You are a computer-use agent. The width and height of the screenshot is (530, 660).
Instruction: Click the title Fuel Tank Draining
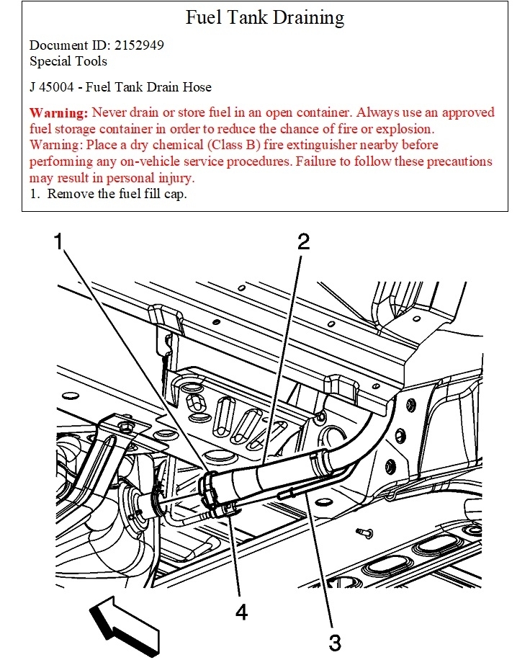tap(265, 17)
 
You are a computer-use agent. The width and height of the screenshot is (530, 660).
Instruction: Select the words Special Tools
tap(68, 61)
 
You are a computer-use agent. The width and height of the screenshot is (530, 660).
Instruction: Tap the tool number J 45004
tap(54, 87)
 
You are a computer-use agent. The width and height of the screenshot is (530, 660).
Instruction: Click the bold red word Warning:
tap(59, 113)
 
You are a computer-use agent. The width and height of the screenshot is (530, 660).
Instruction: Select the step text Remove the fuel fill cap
tap(117, 194)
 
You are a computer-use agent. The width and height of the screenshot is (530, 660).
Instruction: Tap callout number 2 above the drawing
tap(304, 242)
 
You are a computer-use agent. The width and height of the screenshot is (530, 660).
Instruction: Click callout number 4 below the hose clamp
tap(241, 613)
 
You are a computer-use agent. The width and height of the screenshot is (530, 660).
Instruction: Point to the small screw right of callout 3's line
tap(365, 532)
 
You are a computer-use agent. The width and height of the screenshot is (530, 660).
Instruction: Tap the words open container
tap(266, 113)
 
